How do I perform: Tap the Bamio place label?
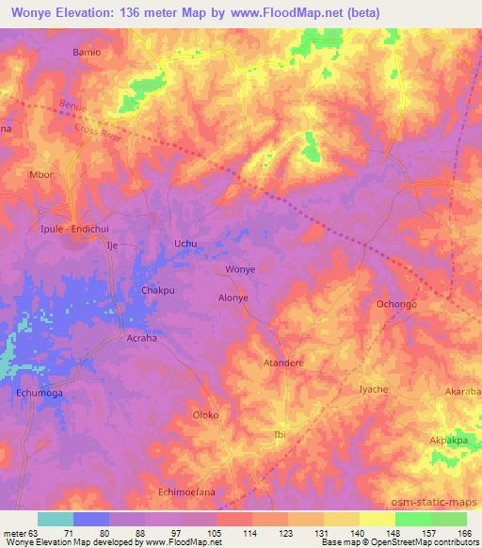[x=87, y=52]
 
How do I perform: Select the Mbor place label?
[x=41, y=174]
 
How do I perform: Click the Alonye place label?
[x=233, y=296]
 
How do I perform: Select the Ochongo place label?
[x=396, y=305]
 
